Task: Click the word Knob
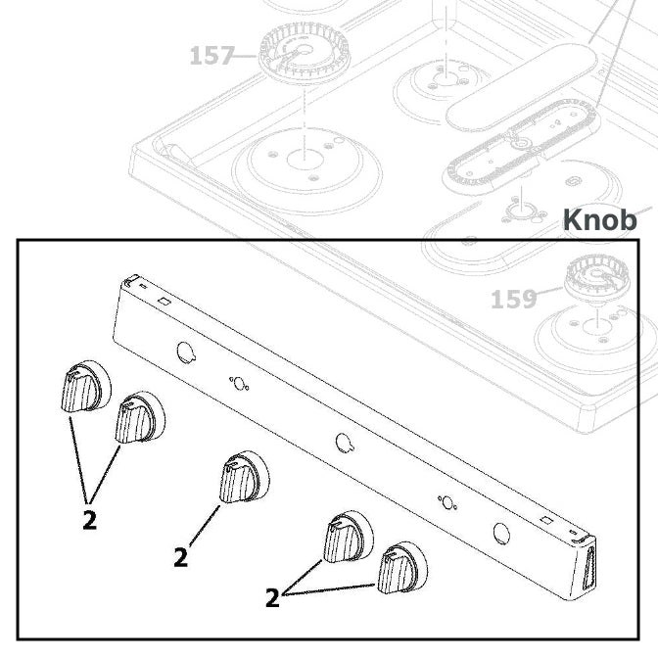click(x=600, y=220)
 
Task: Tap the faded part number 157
click(x=211, y=56)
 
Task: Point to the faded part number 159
click(x=513, y=298)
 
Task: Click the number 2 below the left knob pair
click(x=89, y=520)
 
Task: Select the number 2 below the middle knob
click(x=180, y=558)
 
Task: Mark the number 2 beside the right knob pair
click(x=272, y=596)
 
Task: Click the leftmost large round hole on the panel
click(x=184, y=351)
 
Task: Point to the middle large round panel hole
click(x=343, y=442)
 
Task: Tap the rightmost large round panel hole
click(x=501, y=533)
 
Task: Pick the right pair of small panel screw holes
click(x=447, y=502)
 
